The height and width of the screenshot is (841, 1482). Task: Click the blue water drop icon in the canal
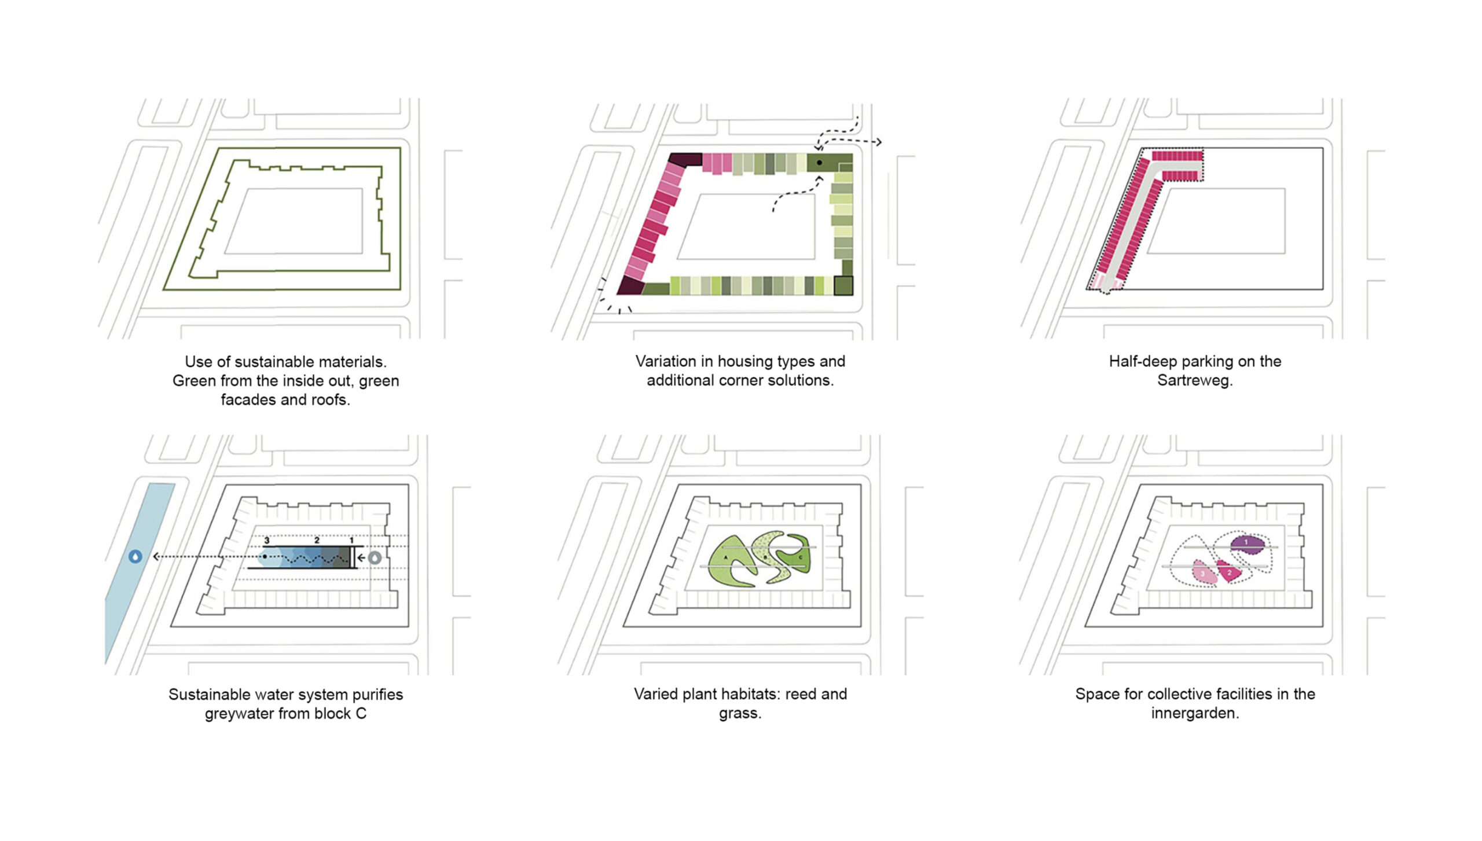click(135, 557)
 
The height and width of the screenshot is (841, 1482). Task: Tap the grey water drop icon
click(375, 558)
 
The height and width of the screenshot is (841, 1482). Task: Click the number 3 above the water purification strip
click(267, 541)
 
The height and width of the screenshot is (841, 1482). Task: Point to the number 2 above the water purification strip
click(317, 541)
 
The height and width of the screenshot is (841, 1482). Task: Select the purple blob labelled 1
click(1248, 543)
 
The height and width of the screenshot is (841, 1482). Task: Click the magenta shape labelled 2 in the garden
click(1228, 572)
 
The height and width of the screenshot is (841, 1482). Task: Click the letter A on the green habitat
click(726, 557)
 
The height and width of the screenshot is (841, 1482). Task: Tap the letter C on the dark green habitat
click(801, 557)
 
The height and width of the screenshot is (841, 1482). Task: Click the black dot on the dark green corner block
click(819, 163)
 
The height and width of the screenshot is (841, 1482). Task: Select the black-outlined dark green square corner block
click(843, 286)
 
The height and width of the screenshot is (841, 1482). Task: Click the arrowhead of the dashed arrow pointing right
click(878, 142)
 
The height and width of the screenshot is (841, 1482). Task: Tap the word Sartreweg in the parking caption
click(1195, 380)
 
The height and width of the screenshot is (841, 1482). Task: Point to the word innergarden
click(1195, 713)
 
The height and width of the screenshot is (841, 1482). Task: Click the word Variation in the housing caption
click(666, 361)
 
